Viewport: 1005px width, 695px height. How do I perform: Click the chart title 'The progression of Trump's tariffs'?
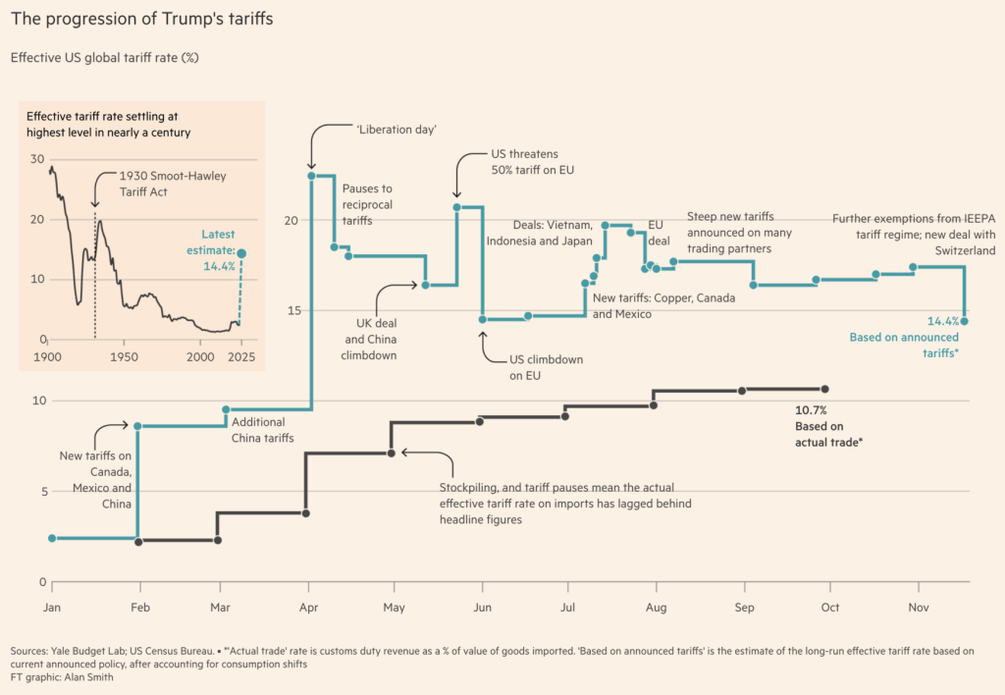[142, 19]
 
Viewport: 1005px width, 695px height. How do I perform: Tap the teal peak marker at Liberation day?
[311, 176]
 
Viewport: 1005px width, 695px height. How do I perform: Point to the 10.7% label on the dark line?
[811, 409]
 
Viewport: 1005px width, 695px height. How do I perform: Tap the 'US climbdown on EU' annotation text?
[546, 367]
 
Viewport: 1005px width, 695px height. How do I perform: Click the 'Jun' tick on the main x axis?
[482, 609]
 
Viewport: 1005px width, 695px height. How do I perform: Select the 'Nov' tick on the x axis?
[919, 609]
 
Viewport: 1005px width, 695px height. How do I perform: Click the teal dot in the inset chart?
[241, 253]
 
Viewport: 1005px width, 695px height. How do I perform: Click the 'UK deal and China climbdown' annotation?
[369, 339]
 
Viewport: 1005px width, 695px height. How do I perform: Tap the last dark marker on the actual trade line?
[824, 389]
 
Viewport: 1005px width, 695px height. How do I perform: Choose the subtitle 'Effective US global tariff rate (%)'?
[105, 58]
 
